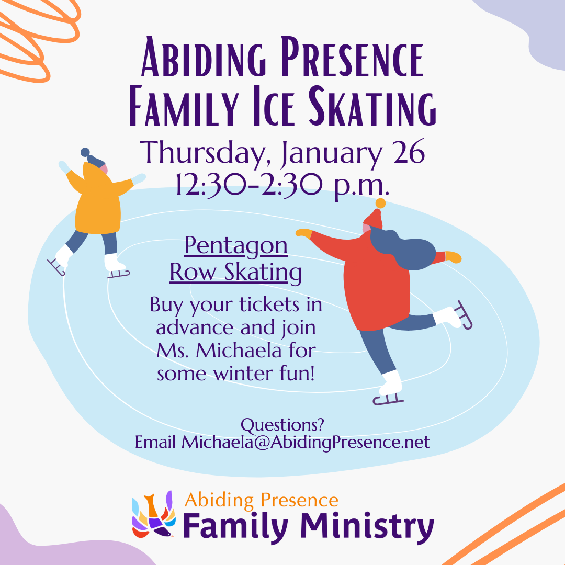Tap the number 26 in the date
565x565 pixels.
pyautogui.click(x=409, y=152)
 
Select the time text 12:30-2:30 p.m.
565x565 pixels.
pyautogui.click(x=282, y=185)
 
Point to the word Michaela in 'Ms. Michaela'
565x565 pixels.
pyautogui.click(x=238, y=350)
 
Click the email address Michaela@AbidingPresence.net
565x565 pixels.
pyautogui.click(x=306, y=443)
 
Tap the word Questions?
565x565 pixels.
pyautogui.click(x=282, y=425)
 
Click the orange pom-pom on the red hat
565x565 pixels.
pyautogui.click(x=380, y=203)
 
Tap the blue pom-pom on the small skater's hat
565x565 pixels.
pyautogui.click(x=85, y=152)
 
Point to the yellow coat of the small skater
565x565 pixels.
pyautogui.click(x=98, y=202)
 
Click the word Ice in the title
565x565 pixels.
pyautogui.click(x=274, y=107)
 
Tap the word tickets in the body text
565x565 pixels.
pyautogui.click(x=269, y=305)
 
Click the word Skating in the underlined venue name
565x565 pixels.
pyautogui.click(x=263, y=273)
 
